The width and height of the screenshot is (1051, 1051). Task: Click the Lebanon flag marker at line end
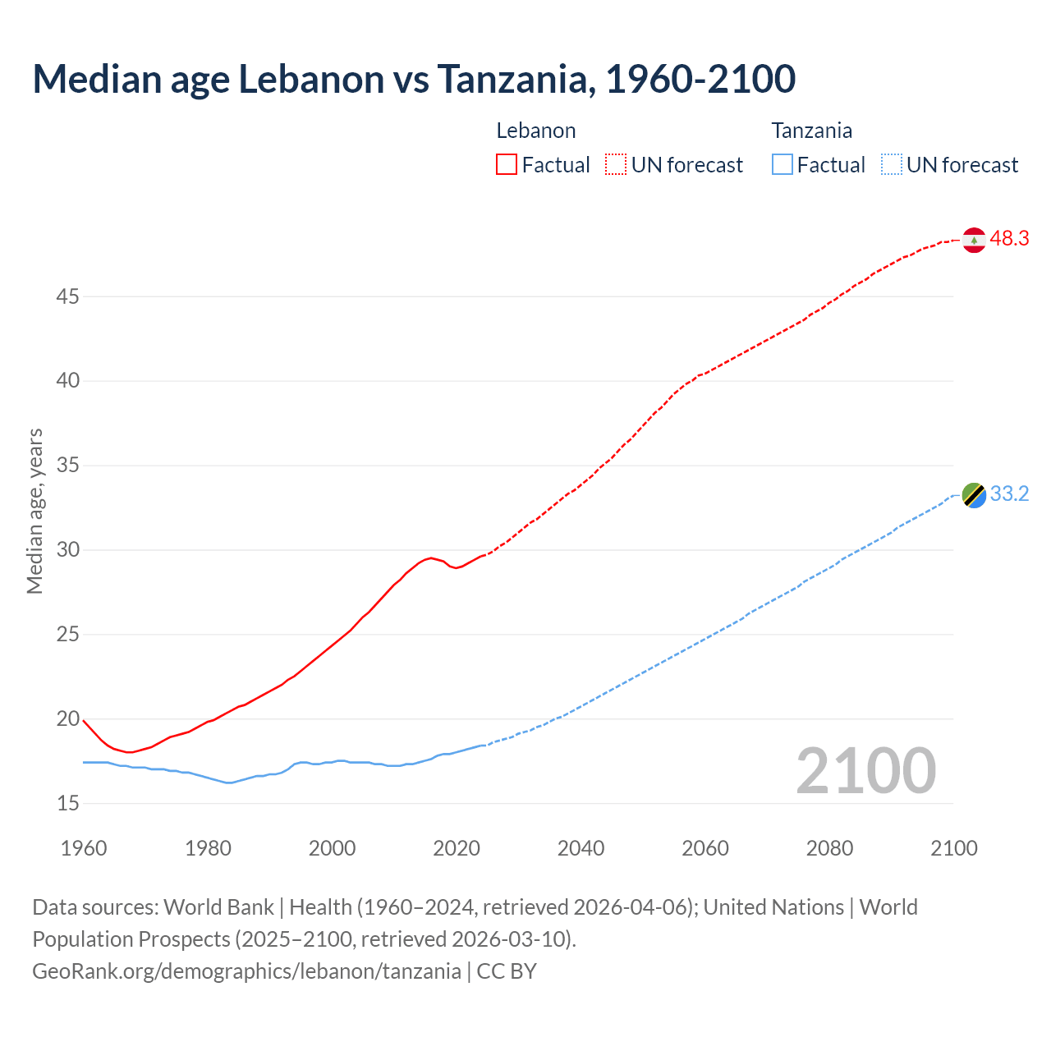tap(974, 240)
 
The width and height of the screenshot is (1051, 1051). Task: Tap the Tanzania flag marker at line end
tap(974, 495)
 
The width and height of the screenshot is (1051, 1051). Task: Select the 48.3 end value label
tap(1009, 239)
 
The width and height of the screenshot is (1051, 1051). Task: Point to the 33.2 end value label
tap(1009, 494)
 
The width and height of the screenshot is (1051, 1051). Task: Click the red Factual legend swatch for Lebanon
tap(507, 165)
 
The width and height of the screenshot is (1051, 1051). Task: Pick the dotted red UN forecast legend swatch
tap(616, 165)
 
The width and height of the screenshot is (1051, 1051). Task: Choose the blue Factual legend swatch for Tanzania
tap(783, 165)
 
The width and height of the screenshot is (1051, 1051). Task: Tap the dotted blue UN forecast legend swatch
tap(892, 165)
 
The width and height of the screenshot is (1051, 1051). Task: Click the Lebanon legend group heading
tap(536, 131)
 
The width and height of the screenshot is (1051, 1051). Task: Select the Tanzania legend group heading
tap(811, 131)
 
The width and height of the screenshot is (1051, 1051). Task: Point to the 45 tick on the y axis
tap(67, 296)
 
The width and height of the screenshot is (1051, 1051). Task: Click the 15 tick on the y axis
tap(67, 803)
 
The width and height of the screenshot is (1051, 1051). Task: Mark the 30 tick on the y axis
tap(67, 550)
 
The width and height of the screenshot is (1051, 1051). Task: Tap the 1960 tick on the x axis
tap(84, 848)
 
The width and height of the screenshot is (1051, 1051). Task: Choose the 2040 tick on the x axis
tap(581, 848)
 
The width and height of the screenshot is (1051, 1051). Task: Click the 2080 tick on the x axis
tap(829, 848)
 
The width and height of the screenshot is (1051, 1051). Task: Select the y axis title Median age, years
tap(34, 511)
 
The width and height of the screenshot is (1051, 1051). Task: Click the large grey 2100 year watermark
tap(865, 771)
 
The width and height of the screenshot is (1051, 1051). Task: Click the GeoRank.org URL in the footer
tap(246, 971)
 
